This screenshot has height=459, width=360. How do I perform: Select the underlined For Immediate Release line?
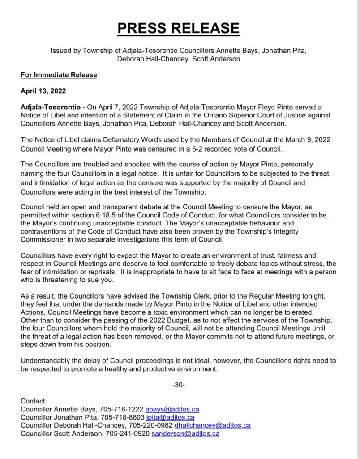[x=59, y=75]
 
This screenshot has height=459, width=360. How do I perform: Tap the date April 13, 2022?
[x=43, y=91]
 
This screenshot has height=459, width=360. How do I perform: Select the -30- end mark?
[x=179, y=385]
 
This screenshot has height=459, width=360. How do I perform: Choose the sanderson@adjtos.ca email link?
[x=185, y=433]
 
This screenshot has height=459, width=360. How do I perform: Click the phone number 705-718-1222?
[x=122, y=409]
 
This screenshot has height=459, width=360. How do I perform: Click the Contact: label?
[x=34, y=401]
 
